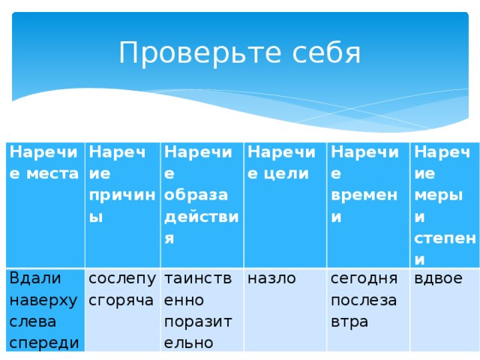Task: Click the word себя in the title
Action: [x=325, y=54]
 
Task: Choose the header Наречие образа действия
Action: [x=201, y=195]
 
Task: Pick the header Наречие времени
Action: [x=366, y=184]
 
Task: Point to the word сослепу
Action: [x=122, y=279]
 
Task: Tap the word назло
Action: [x=271, y=279]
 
